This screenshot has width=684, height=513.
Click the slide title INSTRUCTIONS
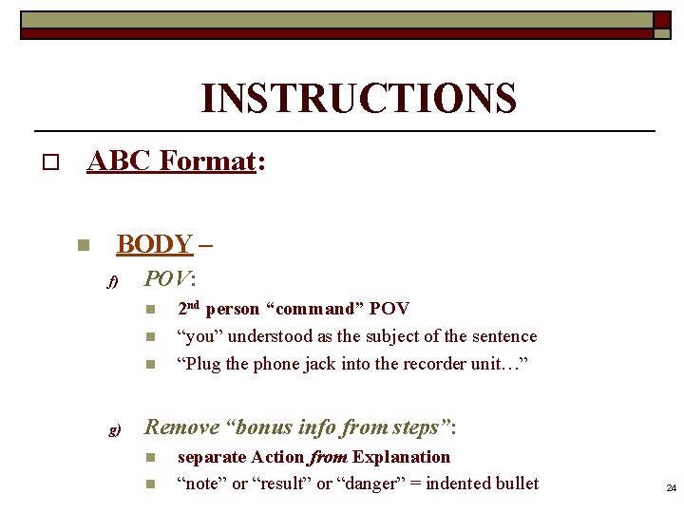(358, 99)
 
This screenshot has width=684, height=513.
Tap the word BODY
(154, 244)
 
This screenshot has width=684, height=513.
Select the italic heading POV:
(169, 279)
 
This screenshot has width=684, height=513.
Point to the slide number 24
(671, 488)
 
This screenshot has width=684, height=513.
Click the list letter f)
(111, 282)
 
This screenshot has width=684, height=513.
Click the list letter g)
(113, 430)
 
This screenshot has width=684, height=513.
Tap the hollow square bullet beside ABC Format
(49, 163)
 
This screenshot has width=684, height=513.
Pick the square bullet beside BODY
(83, 246)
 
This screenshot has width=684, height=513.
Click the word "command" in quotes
(316, 309)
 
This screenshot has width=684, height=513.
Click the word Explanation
(402, 457)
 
